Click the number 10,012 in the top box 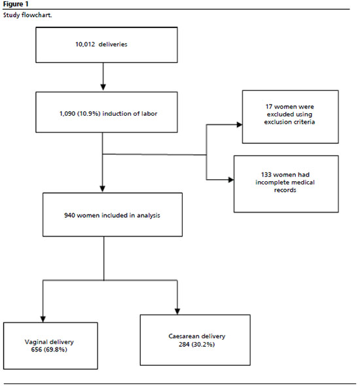[85, 44]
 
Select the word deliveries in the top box [113, 44]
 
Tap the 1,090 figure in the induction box [67, 114]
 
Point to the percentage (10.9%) [88, 114]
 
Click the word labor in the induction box [149, 113]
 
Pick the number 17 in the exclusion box [268, 107]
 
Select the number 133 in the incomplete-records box [266, 175]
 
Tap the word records [285, 190]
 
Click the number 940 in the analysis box [69, 215]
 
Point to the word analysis [149, 216]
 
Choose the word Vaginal [35, 342]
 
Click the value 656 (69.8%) [49, 349]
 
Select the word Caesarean [184, 336]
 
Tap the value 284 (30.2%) [197, 344]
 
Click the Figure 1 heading [16, 4]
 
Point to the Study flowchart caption [27, 15]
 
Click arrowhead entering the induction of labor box [103, 88]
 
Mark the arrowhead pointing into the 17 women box [239, 125]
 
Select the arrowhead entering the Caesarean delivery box [177, 311]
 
